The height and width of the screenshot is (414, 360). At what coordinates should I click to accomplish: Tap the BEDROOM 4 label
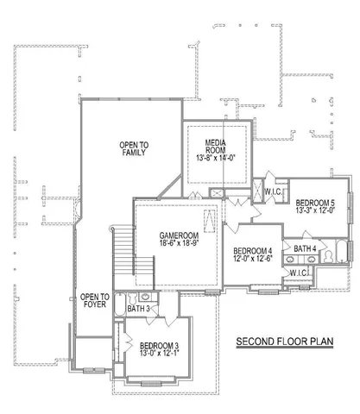pos(252,251)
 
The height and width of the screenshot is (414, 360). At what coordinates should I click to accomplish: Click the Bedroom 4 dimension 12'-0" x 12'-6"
pos(252,260)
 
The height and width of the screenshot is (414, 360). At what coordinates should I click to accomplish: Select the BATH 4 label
pos(305,249)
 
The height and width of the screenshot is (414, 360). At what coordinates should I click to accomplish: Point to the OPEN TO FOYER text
pos(93,301)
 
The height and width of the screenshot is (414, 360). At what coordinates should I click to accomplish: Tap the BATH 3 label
pos(138,308)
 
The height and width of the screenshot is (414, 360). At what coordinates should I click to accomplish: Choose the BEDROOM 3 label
pos(153,346)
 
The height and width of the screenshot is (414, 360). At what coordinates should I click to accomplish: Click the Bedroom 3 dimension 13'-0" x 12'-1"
pos(153,355)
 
